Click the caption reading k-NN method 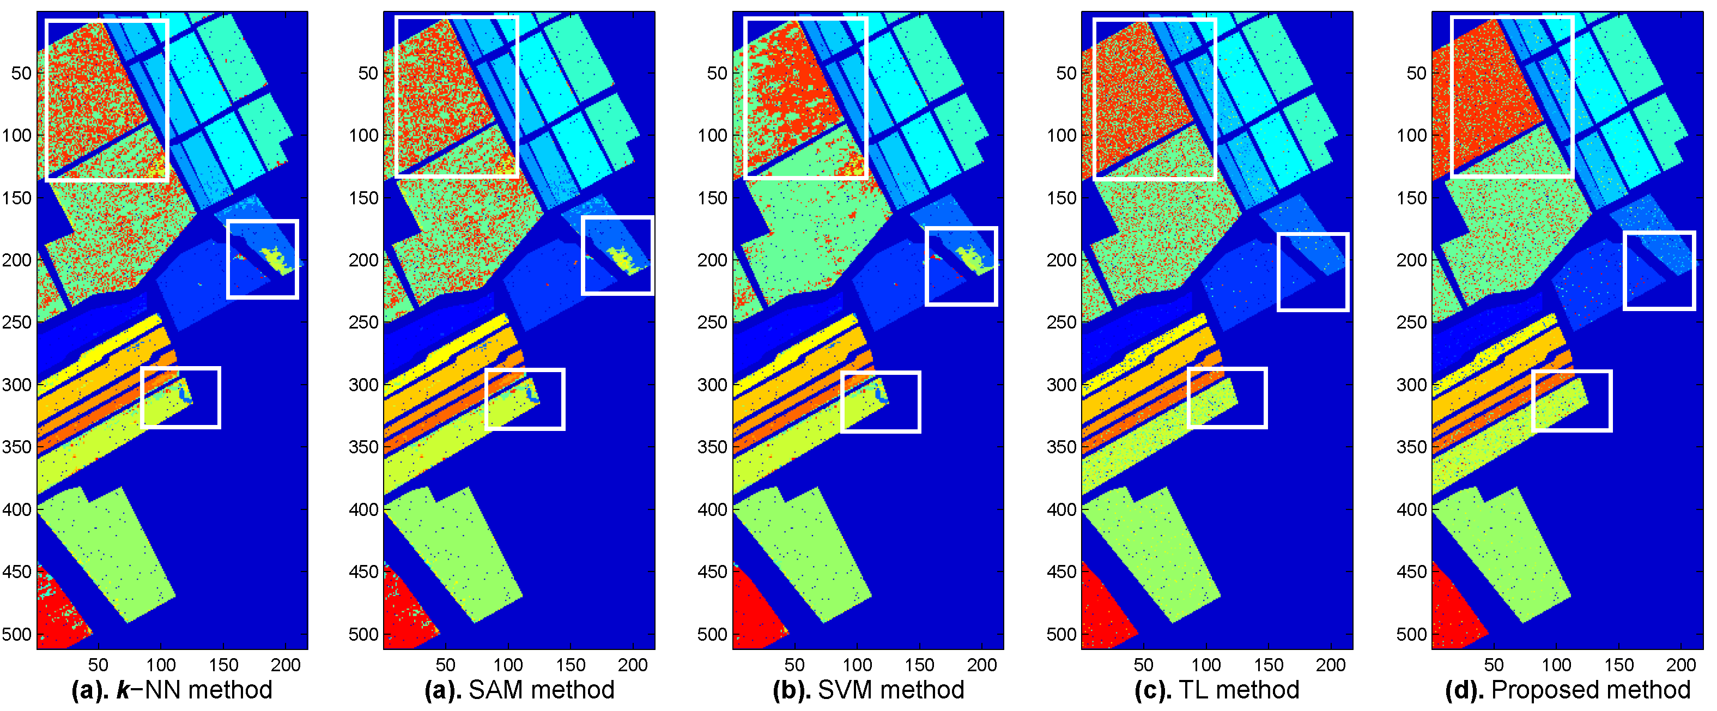[172, 690]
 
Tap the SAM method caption [520, 690]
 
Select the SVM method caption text [869, 690]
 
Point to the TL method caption [1217, 690]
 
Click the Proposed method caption [1568, 690]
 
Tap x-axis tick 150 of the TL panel [1269, 665]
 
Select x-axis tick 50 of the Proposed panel [1494, 665]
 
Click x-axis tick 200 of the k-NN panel [286, 665]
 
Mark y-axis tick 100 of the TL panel [1062, 135]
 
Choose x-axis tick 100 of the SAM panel [508, 665]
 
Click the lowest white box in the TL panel [1227, 398]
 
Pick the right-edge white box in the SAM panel [617, 255]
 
